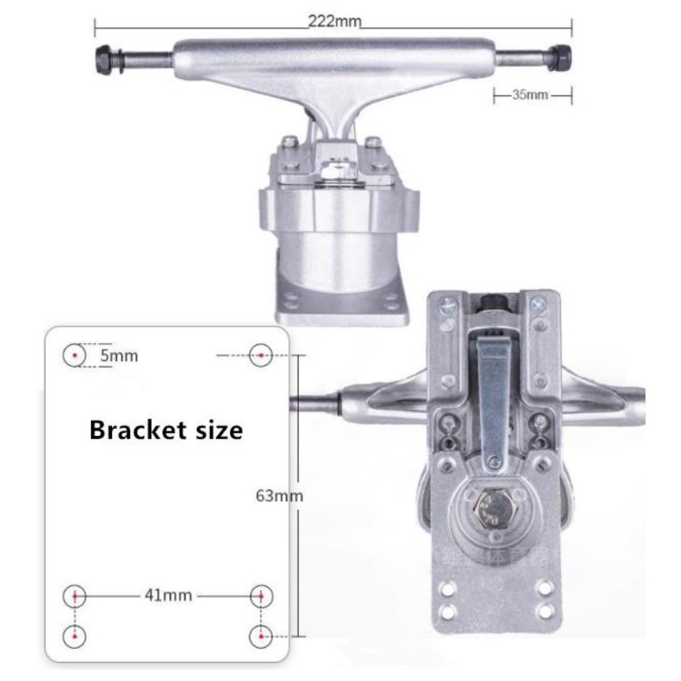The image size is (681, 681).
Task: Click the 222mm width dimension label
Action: pyautogui.click(x=334, y=21)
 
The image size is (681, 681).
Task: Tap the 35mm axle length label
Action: pyautogui.click(x=530, y=95)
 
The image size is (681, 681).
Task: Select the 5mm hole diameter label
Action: pyautogui.click(x=119, y=356)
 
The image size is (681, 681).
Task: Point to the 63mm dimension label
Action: pyautogui.click(x=279, y=495)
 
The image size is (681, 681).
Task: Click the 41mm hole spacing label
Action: pyautogui.click(x=168, y=595)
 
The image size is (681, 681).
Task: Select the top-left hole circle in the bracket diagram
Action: pyautogui.click(x=75, y=356)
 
